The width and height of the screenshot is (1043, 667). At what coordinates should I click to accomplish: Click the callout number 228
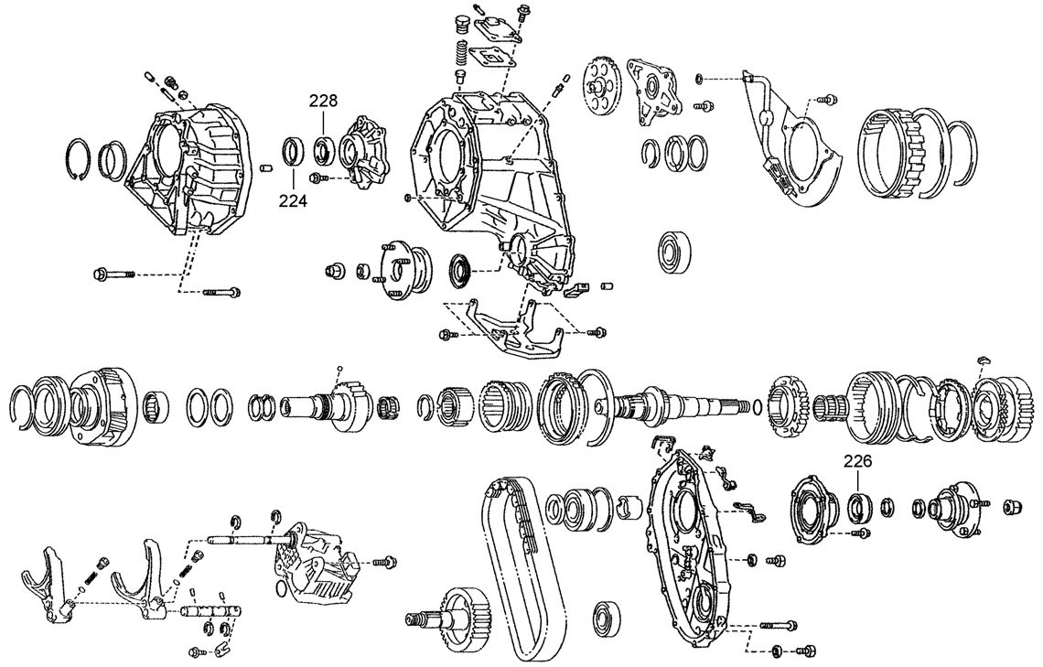click(323, 101)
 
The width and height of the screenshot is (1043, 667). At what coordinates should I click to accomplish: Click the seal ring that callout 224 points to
click(294, 150)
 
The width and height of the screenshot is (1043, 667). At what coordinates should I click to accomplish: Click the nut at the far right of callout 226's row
click(1013, 507)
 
